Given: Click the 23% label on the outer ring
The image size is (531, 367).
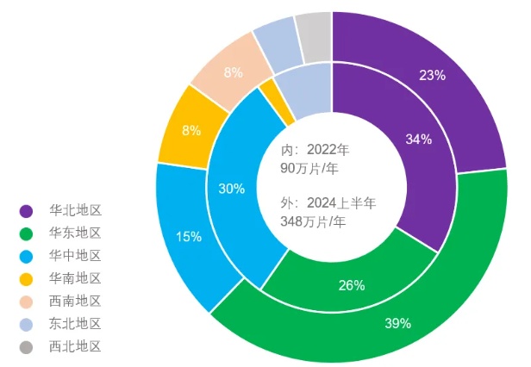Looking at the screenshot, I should point(432,75).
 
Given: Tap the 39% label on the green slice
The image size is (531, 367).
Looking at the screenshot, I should point(397,323).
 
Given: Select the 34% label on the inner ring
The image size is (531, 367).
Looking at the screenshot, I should point(418,139).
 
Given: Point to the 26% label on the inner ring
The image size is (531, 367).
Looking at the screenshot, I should point(351,285).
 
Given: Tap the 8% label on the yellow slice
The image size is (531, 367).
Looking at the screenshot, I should point(191,130).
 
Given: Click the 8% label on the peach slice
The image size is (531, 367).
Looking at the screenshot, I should point(233,73).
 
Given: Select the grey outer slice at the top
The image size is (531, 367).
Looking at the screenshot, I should point(314,35).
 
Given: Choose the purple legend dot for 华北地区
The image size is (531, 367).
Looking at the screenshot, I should point(27,210).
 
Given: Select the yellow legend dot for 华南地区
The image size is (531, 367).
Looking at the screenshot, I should point(27,278).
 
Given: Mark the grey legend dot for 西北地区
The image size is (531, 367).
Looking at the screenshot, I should point(27,347).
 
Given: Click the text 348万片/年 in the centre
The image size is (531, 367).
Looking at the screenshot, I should point(313,222).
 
